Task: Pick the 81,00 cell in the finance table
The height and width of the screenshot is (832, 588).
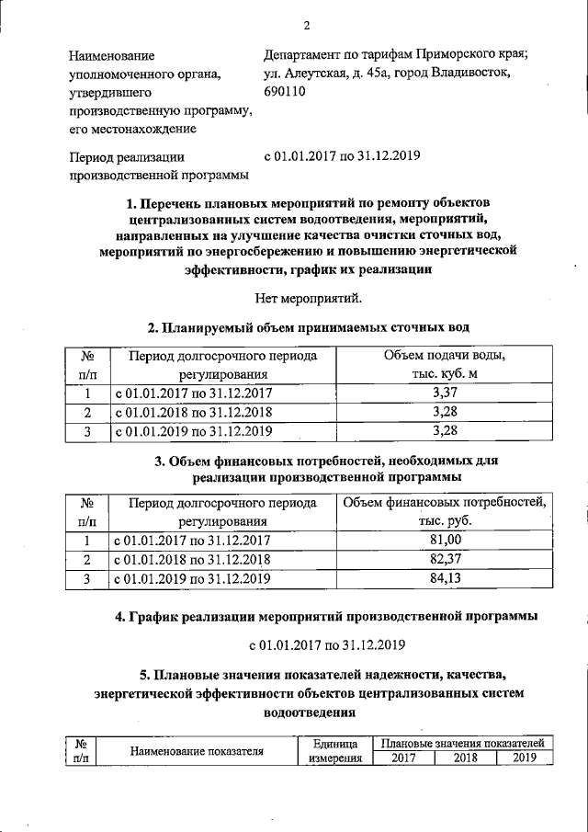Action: [x=444, y=541]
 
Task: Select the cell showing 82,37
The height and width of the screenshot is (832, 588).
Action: [x=444, y=559]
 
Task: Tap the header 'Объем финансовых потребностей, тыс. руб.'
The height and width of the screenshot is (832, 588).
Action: [x=444, y=511]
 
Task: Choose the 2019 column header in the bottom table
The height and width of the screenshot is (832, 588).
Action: [x=525, y=758]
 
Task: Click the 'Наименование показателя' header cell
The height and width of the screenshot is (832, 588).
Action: [x=198, y=751]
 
